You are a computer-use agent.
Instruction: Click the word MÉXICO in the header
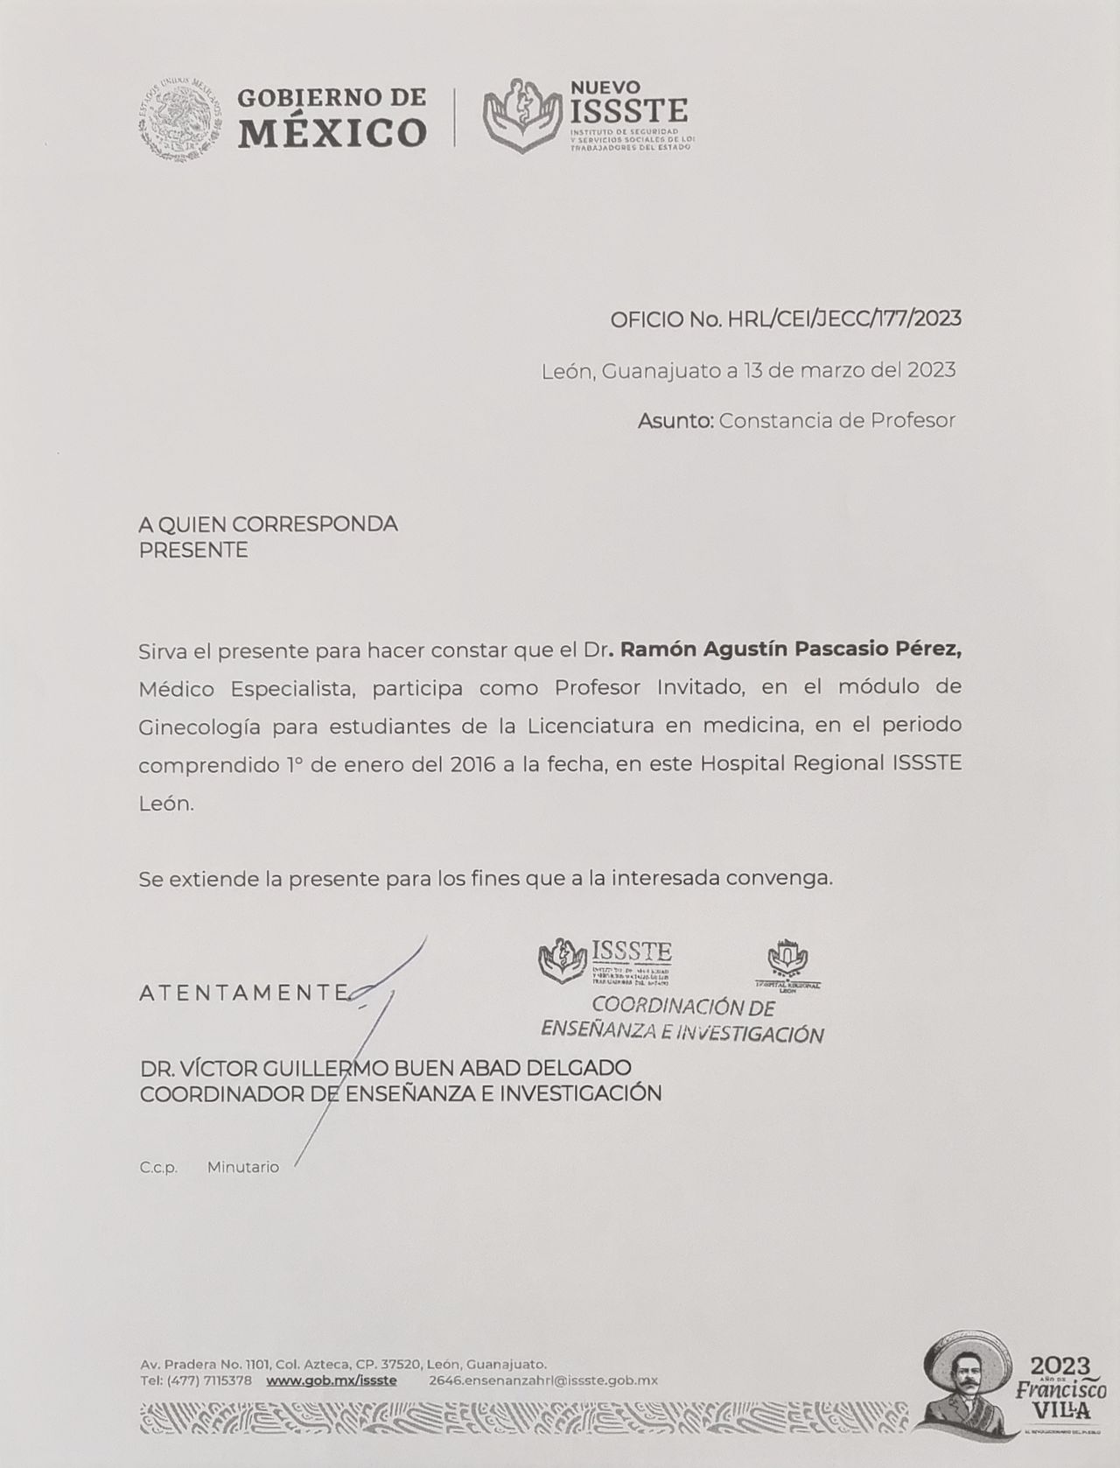(332, 133)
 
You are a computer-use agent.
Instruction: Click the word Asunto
(675, 421)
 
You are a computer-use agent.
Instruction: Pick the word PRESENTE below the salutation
(193, 551)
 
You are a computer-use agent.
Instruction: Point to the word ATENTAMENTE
(244, 993)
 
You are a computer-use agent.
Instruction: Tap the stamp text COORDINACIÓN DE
(683, 1007)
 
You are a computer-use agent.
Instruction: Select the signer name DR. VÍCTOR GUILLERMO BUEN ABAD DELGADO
(386, 1068)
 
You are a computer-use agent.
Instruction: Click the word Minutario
(243, 1168)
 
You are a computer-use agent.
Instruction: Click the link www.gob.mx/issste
(331, 1380)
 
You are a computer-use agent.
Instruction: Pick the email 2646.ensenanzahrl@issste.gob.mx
(543, 1380)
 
